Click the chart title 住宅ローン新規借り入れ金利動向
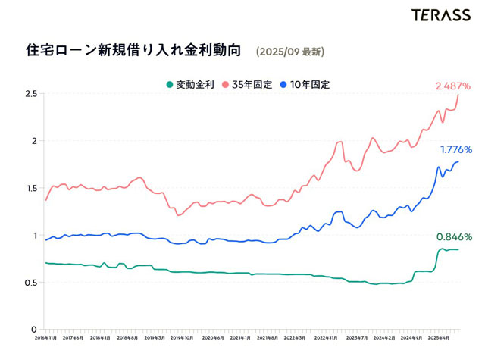pyautogui.click(x=133, y=51)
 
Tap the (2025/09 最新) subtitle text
pyautogui.click(x=291, y=52)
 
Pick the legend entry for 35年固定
pyautogui.click(x=252, y=84)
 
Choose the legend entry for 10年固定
pyautogui.click(x=310, y=84)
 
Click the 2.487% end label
pyautogui.click(x=453, y=86)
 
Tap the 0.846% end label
pyautogui.click(x=454, y=237)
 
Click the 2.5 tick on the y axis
pyautogui.click(x=30, y=94)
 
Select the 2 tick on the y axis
pyautogui.click(x=33, y=141)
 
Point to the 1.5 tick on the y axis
pyautogui.click(x=30, y=188)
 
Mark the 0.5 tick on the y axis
pyautogui.click(x=30, y=283)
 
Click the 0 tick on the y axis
pyautogui.click(x=33, y=330)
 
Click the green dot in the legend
pyautogui.click(x=170, y=84)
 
